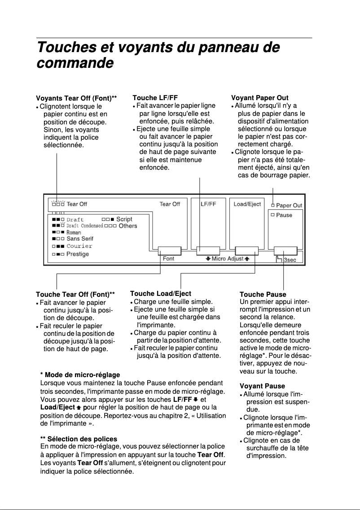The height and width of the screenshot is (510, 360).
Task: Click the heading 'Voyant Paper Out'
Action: (259, 98)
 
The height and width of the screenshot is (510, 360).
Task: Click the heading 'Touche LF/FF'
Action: (155, 97)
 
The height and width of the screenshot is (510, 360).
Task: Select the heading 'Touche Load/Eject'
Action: (160, 294)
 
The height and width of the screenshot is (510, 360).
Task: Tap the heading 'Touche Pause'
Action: (263, 295)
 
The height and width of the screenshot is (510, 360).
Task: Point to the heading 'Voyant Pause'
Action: (262, 386)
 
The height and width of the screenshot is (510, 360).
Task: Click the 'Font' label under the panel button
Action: (169, 259)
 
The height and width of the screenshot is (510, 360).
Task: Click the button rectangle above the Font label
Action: (169, 251)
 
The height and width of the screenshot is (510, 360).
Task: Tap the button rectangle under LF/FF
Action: (208, 251)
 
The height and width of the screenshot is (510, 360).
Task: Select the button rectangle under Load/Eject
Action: (246, 251)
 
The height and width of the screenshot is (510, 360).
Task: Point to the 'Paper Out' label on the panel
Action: (289, 206)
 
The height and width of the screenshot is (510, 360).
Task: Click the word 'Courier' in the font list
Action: (79, 246)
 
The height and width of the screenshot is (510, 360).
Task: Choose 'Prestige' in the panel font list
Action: (78, 254)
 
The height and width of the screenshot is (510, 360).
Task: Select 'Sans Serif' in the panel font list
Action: (80, 239)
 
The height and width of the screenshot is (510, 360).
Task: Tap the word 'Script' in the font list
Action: (124, 219)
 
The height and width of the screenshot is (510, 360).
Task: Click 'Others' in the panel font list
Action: (127, 226)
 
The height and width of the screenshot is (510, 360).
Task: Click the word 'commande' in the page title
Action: (74, 63)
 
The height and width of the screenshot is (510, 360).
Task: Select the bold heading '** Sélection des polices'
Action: (79, 439)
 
